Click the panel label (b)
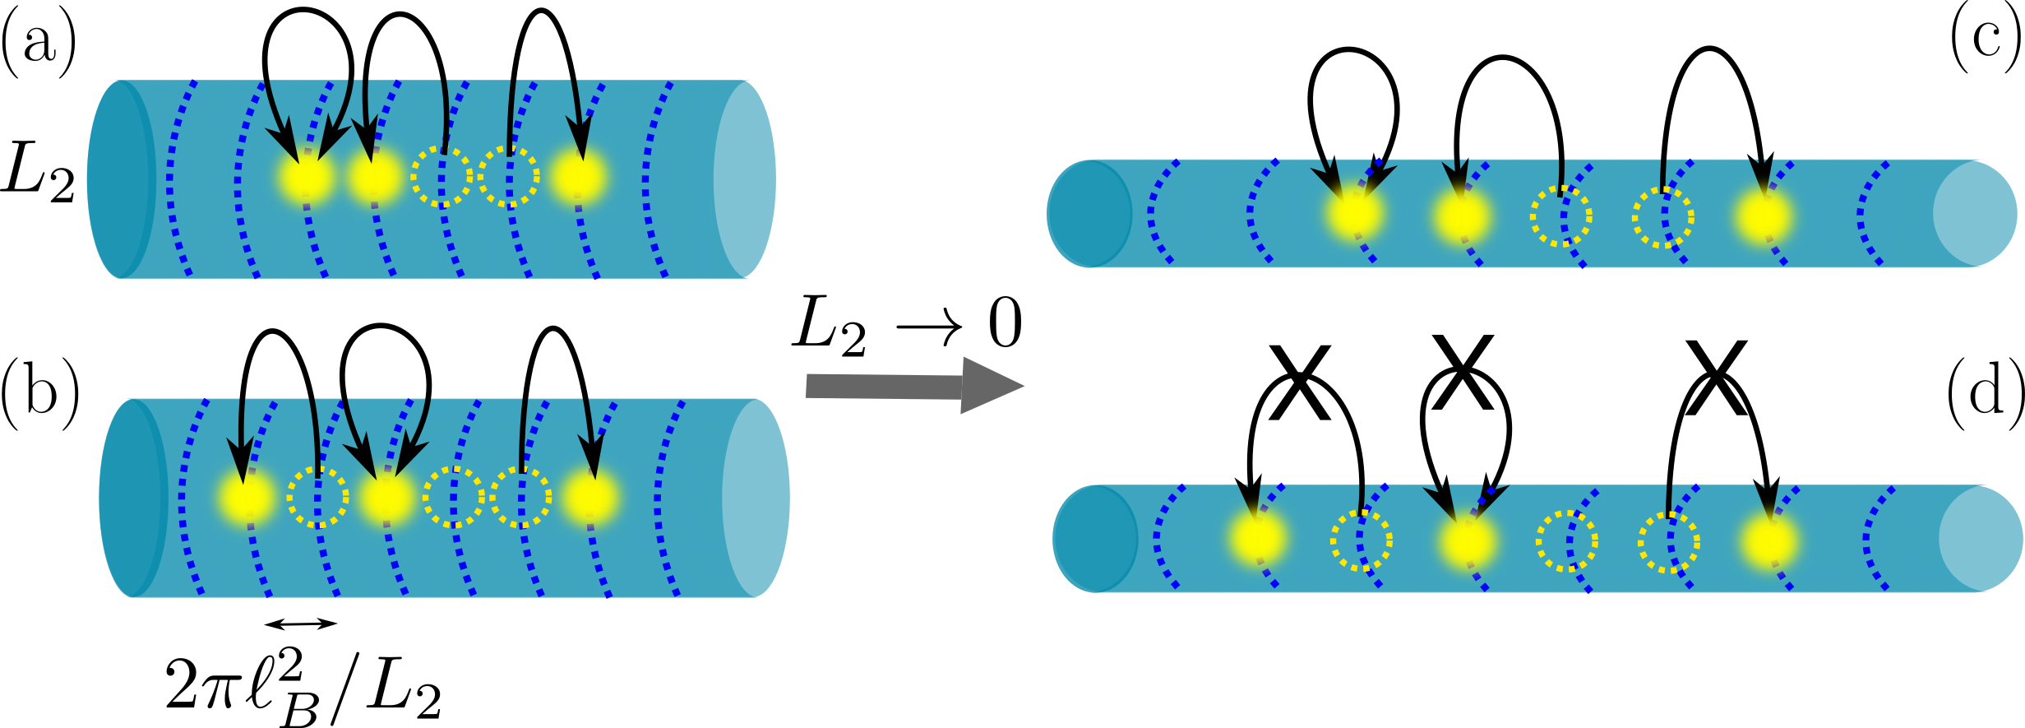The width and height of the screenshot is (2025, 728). (40, 395)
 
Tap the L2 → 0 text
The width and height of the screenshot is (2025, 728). (908, 326)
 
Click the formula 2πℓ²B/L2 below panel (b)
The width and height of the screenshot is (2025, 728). (303, 687)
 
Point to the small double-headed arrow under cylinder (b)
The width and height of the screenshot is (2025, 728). (301, 624)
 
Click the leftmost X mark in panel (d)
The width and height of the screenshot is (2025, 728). (1299, 383)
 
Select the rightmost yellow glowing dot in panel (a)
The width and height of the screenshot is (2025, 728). (579, 177)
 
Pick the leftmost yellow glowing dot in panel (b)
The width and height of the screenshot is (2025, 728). (246, 497)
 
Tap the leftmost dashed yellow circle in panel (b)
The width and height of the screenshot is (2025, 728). (318, 497)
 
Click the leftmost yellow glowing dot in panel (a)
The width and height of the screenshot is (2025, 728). (307, 177)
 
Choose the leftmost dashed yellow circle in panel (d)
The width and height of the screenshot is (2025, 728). (1362, 540)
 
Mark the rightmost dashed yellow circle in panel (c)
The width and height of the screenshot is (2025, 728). (1662, 217)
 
